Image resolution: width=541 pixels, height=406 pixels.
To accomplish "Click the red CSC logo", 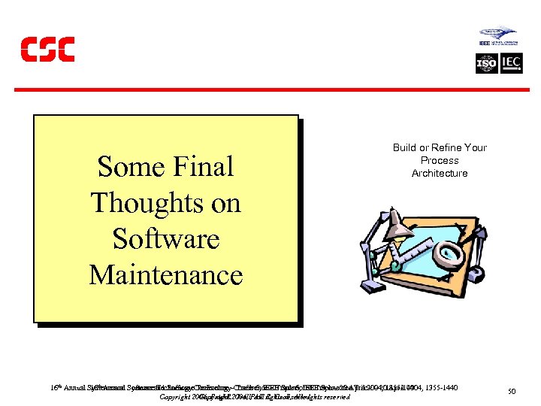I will tap(47, 49).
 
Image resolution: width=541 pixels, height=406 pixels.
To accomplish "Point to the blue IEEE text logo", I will tap(485, 44).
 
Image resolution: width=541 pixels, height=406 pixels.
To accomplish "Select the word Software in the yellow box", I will tap(166, 238).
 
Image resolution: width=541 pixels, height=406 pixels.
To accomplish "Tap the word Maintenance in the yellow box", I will tap(166, 274).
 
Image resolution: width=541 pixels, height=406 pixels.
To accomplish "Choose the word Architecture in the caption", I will tap(440, 173).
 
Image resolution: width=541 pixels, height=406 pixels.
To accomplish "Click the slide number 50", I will tap(512, 392).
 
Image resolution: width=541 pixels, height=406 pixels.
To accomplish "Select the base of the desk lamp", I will tap(372, 285).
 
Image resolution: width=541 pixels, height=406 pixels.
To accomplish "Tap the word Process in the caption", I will tap(440, 160).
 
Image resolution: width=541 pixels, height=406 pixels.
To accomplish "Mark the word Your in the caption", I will tap(476, 147).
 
